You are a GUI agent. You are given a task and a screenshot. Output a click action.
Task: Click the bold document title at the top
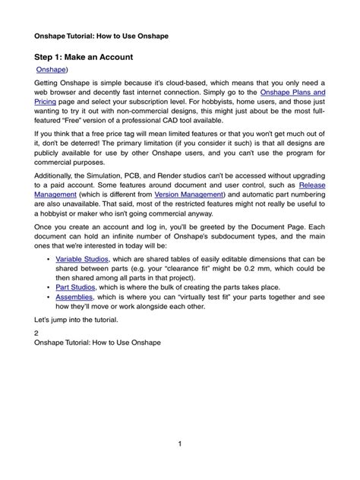coord(102,36)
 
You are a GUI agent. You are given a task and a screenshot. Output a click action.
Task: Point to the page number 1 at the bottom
coord(180,444)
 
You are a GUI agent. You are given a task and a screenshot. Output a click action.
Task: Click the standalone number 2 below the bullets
coord(37,333)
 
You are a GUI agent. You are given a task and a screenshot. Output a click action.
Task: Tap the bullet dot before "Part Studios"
coord(48,288)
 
